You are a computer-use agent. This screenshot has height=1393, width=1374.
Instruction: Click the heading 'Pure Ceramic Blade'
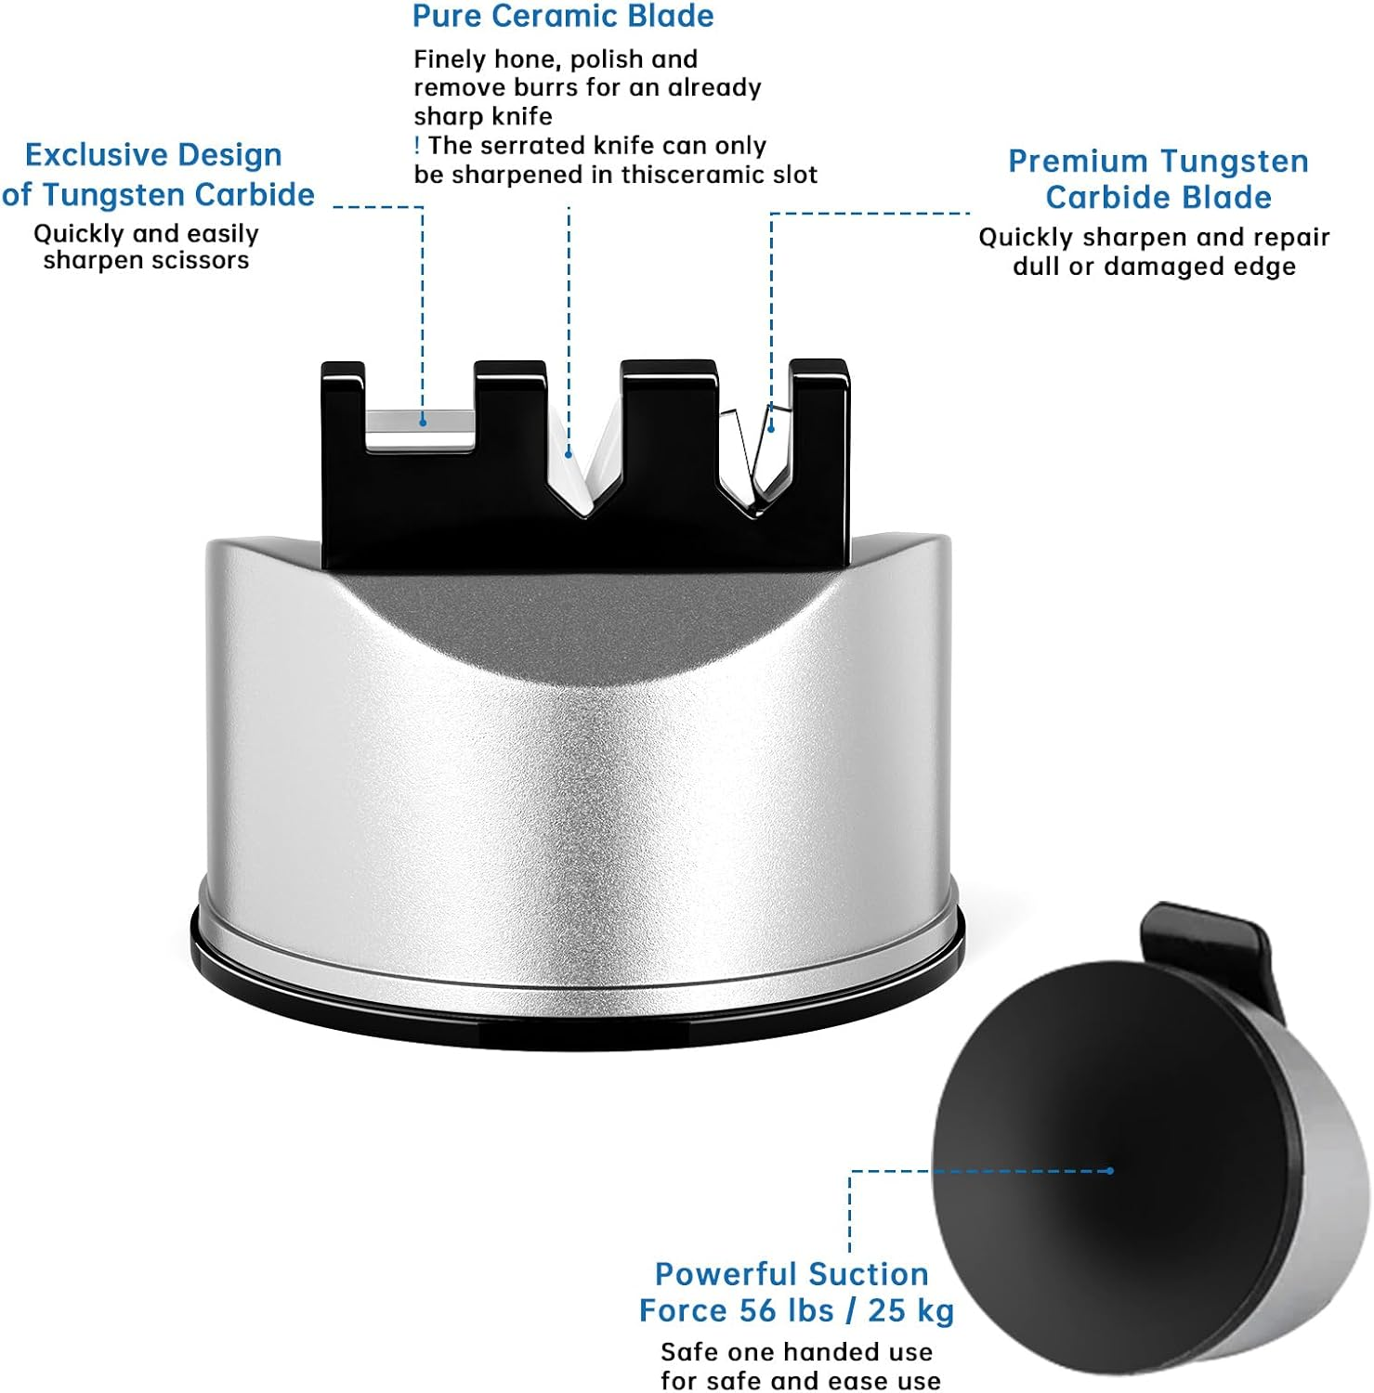coord(563,16)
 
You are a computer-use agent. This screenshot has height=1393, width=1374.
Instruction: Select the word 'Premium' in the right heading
coord(1078,161)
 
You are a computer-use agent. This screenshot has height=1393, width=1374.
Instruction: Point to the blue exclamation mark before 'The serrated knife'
coord(417,145)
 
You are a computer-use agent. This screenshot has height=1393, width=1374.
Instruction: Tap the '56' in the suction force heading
coord(758,1310)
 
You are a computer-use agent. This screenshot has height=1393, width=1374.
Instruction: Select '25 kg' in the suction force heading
coord(911,1310)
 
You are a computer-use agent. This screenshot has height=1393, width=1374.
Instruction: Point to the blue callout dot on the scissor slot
coord(423,422)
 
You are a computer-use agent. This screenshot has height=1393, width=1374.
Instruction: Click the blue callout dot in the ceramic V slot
coord(569,454)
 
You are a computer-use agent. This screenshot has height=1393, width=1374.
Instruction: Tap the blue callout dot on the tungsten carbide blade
coord(770,429)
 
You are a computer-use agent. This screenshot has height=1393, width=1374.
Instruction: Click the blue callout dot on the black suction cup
coord(1110,1171)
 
